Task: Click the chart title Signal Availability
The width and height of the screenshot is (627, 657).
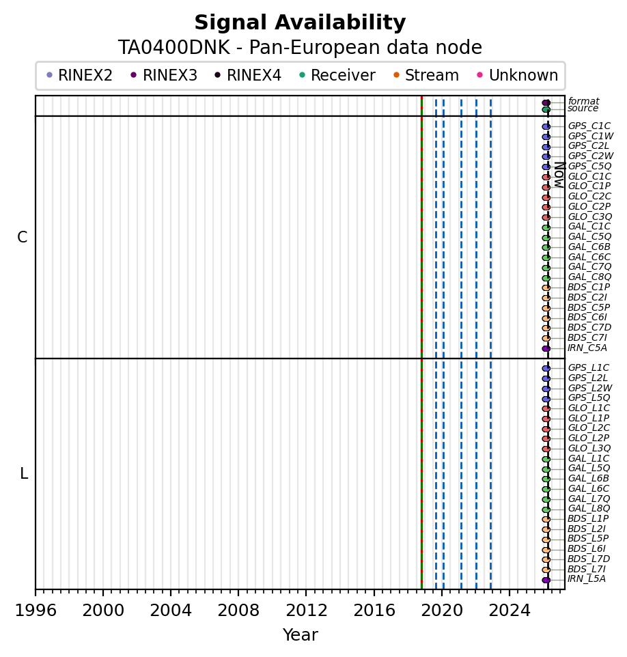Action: [300, 23]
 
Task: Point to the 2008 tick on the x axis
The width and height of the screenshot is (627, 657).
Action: [238, 608]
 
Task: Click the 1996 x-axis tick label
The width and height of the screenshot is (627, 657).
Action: [36, 608]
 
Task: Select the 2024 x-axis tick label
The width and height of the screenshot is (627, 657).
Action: [509, 608]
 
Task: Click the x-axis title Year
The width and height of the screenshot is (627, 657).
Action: [300, 635]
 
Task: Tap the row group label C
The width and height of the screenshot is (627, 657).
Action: [23, 238]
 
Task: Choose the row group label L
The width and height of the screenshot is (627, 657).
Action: [24, 474]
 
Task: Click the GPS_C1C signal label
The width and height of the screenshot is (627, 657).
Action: [589, 126]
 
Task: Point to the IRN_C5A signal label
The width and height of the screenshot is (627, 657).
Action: [587, 348]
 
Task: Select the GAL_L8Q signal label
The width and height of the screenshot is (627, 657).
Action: [589, 509]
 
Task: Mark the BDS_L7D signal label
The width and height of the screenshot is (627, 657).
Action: [589, 559]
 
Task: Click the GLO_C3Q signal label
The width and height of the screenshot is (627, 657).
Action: [589, 217]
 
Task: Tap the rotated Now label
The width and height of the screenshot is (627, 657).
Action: [559, 175]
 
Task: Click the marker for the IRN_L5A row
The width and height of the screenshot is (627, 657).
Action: [546, 580]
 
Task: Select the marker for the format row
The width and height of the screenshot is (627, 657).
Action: [546, 102]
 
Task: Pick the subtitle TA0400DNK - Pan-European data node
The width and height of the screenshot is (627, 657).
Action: [300, 48]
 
